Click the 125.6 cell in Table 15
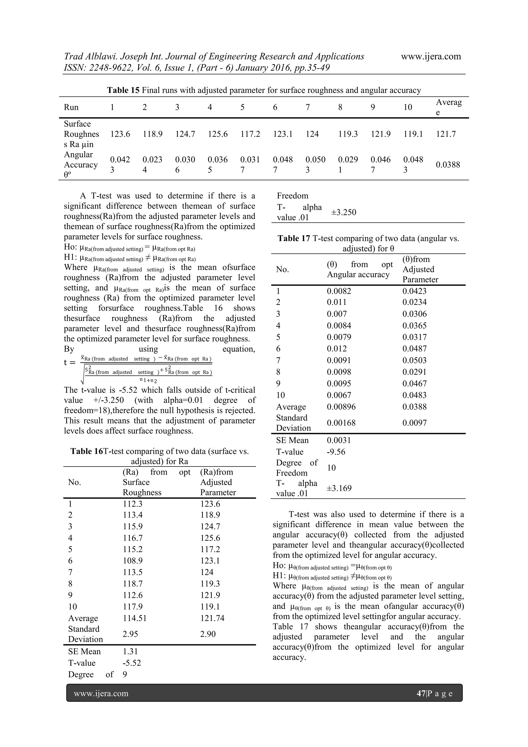(x=218, y=134)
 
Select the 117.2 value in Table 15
(x=250, y=134)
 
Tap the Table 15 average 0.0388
(x=448, y=165)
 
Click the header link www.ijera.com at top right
(x=431, y=56)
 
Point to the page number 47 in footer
(x=421, y=693)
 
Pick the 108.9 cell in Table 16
(x=133, y=561)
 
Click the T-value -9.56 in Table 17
(x=336, y=452)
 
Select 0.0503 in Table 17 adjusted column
(x=414, y=360)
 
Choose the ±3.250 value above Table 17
(x=344, y=212)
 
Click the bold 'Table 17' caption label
(x=294, y=238)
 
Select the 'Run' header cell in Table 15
(x=71, y=107)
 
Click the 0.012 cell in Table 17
(x=336, y=349)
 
